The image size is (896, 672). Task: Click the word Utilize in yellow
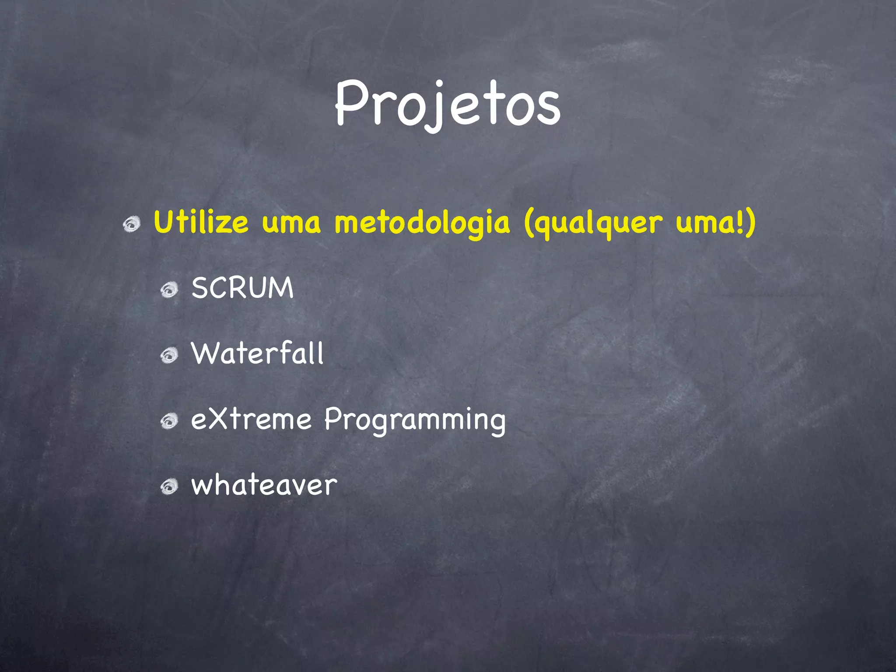201,222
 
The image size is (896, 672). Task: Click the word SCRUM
242,288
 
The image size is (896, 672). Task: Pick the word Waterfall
257,353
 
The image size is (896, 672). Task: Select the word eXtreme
251,419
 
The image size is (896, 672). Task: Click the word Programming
415,420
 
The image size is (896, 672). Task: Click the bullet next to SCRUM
169,290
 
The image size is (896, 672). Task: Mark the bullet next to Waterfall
169,355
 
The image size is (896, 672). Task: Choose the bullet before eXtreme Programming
169,421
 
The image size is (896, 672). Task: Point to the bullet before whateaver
169,486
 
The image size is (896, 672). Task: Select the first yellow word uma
291,223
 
